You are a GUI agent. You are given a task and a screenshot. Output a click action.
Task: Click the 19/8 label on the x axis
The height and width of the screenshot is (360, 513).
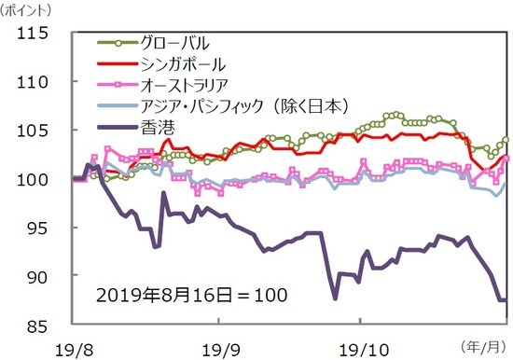73,347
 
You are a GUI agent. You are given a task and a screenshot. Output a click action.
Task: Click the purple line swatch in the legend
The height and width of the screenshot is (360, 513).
116,126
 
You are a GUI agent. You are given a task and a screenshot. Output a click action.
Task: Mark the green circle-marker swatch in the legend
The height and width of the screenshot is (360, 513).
116,43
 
